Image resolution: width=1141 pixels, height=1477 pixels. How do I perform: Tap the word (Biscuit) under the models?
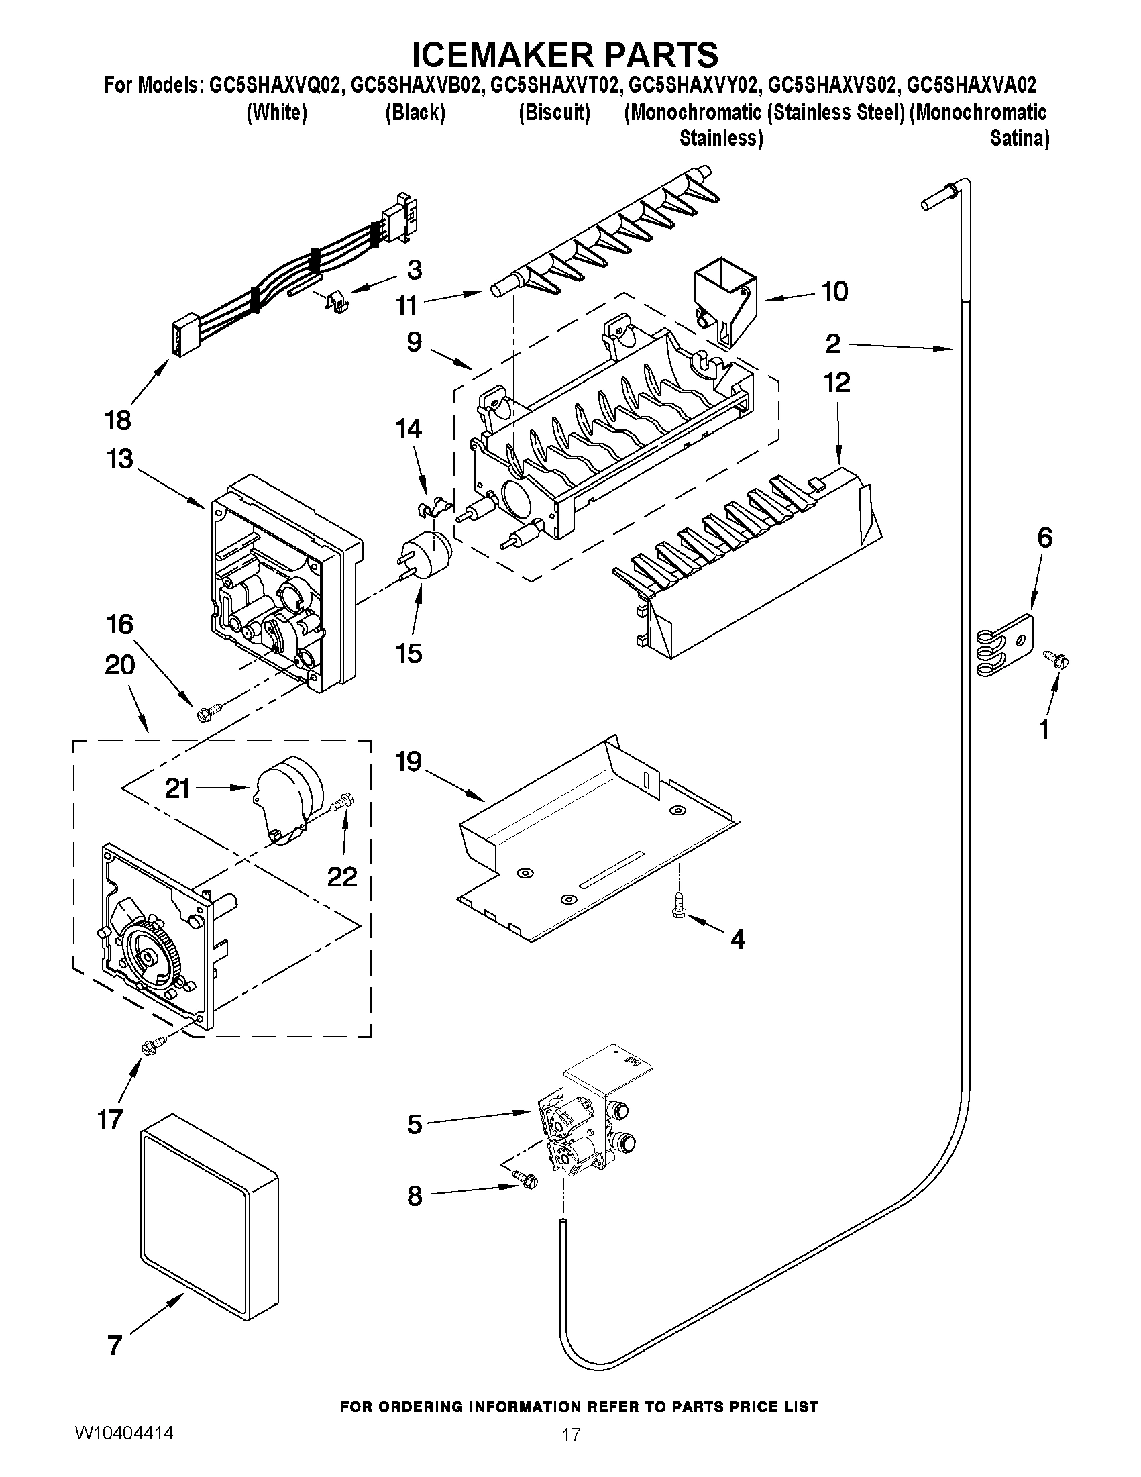click(554, 112)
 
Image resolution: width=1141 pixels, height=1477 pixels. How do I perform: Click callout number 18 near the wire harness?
click(118, 420)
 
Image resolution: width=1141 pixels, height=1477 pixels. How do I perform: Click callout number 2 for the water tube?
click(832, 344)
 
